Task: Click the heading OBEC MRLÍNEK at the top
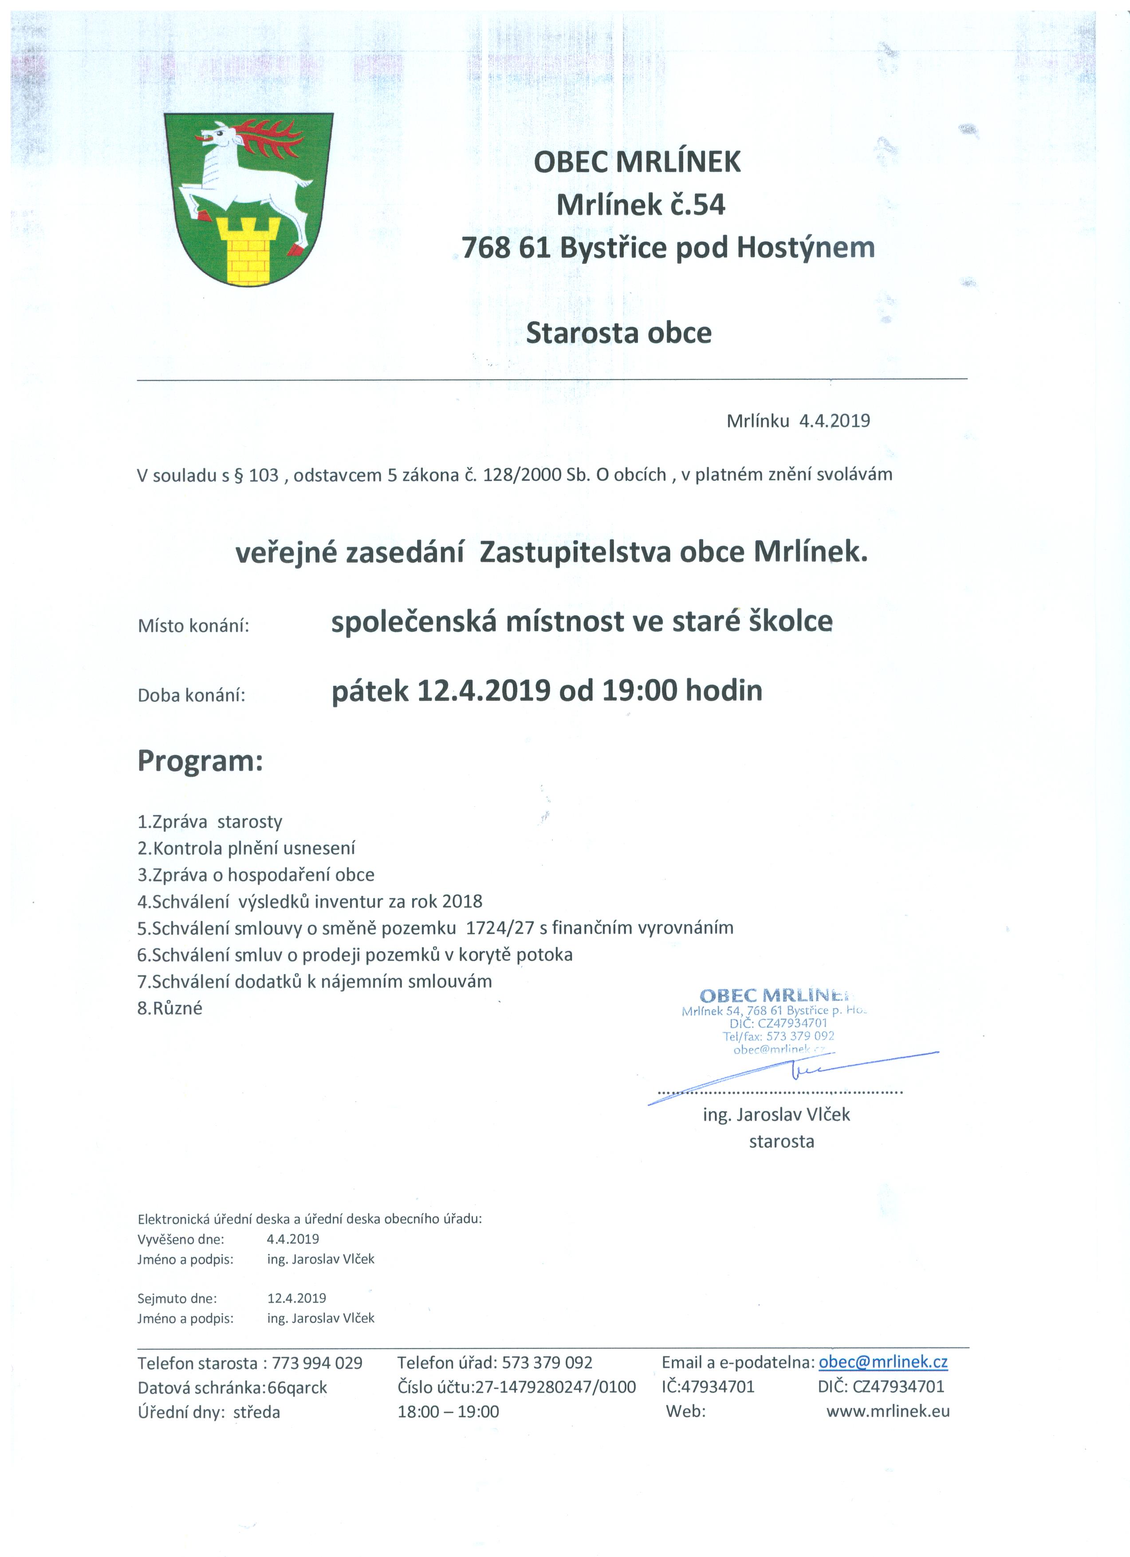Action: click(x=638, y=162)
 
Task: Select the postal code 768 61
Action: click(x=506, y=248)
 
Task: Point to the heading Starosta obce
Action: click(x=619, y=333)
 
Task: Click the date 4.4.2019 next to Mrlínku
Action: click(x=834, y=421)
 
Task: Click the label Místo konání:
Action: click(x=193, y=626)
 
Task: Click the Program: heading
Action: click(x=201, y=761)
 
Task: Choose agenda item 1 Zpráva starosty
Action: click(x=210, y=822)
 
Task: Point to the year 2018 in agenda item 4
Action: click(x=462, y=901)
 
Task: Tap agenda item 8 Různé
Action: click(x=170, y=1009)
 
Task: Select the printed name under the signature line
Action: click(x=776, y=1115)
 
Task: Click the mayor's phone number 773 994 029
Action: click(x=317, y=1363)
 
